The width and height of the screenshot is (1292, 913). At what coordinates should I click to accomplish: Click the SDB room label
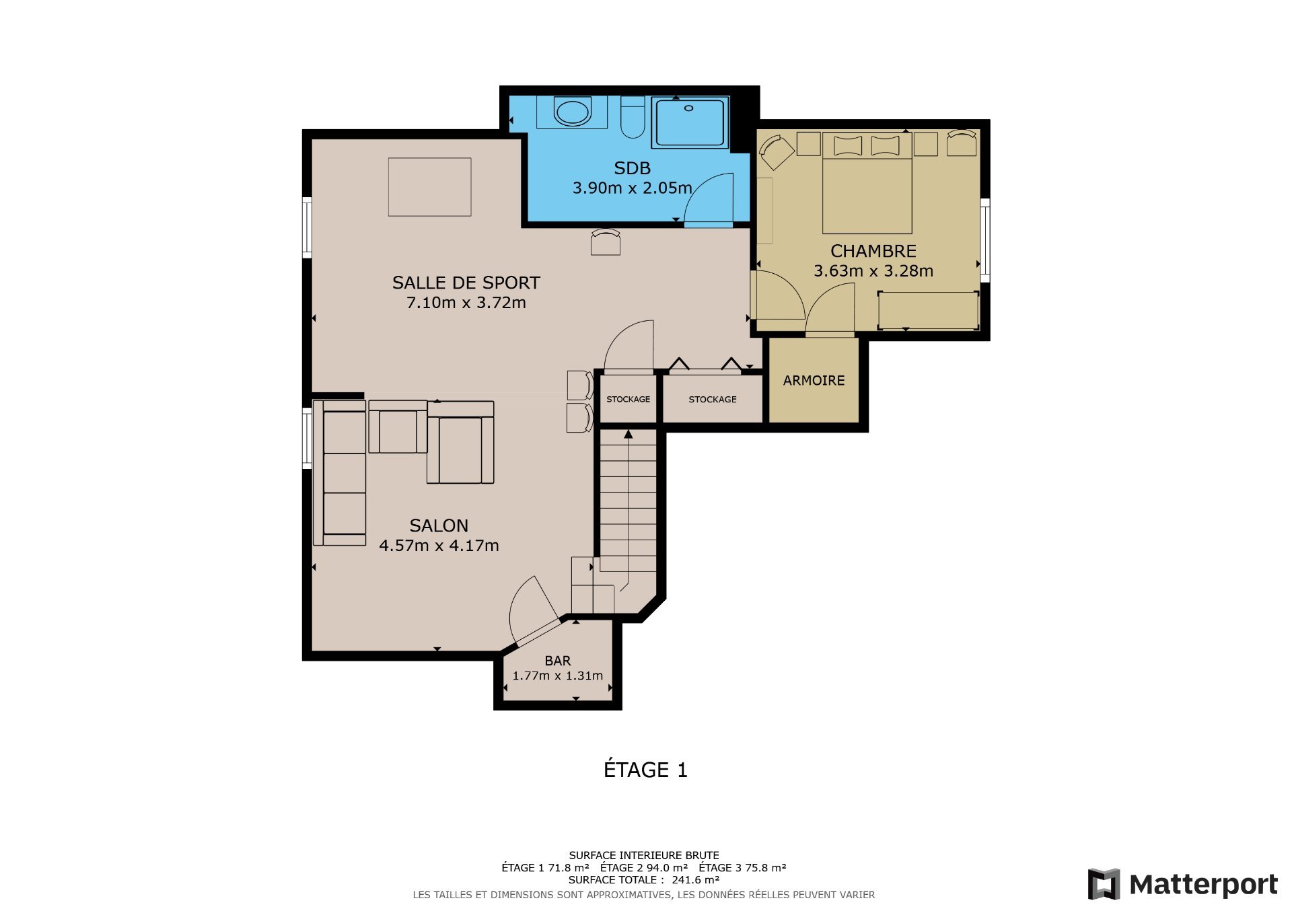coord(632,168)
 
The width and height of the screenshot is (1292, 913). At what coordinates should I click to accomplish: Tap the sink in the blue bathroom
coord(573,112)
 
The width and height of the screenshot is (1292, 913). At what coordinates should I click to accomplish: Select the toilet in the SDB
coord(633,117)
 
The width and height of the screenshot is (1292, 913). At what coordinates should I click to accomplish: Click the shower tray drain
coord(688,108)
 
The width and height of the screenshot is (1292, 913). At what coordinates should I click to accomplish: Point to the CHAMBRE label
coord(873,251)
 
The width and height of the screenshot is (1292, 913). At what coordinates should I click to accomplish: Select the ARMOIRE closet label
coord(814,381)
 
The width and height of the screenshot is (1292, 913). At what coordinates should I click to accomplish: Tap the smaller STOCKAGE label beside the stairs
coord(628,400)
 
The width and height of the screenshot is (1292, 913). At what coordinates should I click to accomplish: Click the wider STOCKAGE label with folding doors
coord(712,400)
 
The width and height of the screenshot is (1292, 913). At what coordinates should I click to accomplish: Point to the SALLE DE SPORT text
coord(466,283)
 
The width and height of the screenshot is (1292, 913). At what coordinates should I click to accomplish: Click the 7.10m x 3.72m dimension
coord(466,303)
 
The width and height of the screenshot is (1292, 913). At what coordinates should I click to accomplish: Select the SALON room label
coord(439,525)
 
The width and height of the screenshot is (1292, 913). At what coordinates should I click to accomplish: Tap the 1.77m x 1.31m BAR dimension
coord(557,676)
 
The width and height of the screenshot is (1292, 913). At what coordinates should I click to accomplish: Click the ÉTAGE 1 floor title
coord(645,770)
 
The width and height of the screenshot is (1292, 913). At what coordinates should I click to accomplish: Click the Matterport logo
coord(1182,884)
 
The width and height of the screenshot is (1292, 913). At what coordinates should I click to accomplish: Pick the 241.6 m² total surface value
coord(695,880)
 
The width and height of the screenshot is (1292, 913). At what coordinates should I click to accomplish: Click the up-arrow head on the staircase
coord(628,435)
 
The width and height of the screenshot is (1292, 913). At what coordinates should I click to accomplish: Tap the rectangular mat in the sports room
coord(429,187)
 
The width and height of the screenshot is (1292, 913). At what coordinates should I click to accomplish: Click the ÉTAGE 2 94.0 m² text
coord(643,868)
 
